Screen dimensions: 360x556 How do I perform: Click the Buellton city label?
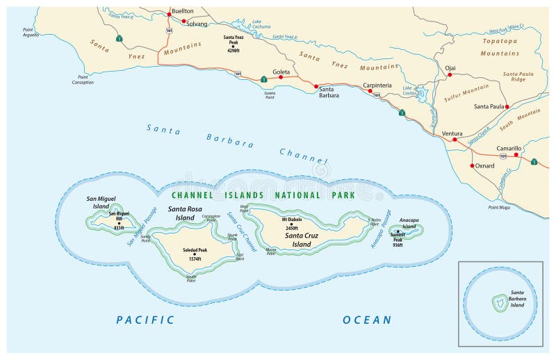tap(183, 11)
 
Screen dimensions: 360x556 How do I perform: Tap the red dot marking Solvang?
tap(184, 22)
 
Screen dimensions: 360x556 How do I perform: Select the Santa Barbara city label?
tap(329, 92)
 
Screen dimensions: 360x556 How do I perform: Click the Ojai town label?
tap(450, 68)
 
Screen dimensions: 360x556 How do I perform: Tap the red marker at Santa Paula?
tap(507, 106)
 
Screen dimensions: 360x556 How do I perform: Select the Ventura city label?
tap(452, 133)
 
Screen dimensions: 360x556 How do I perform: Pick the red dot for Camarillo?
tap(516, 155)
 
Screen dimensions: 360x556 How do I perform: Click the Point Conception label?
tap(83, 79)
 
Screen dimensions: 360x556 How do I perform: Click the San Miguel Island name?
tap(101, 202)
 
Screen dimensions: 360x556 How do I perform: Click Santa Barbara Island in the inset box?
tap(498, 304)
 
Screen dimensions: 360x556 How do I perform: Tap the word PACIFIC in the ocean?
tap(145, 320)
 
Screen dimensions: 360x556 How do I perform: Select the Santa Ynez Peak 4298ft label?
tap(234, 43)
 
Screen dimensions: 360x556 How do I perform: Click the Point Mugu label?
tap(500, 208)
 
